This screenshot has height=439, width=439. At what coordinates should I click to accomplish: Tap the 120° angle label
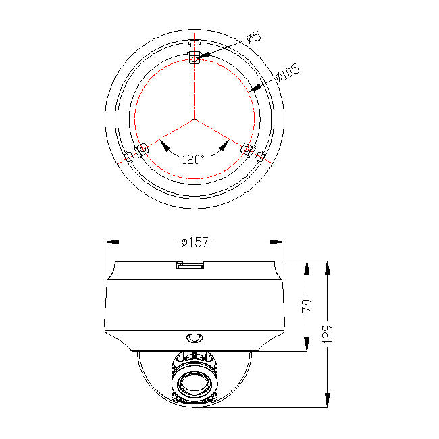click(192, 160)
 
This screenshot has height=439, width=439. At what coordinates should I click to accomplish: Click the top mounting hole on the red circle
click(195, 59)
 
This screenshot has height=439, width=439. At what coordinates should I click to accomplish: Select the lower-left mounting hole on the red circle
click(143, 149)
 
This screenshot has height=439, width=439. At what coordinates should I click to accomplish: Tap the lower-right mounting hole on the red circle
click(247, 149)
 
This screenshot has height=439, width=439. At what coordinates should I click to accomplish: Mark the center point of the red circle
click(195, 119)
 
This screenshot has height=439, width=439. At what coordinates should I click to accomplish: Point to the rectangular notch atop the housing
click(189, 265)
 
